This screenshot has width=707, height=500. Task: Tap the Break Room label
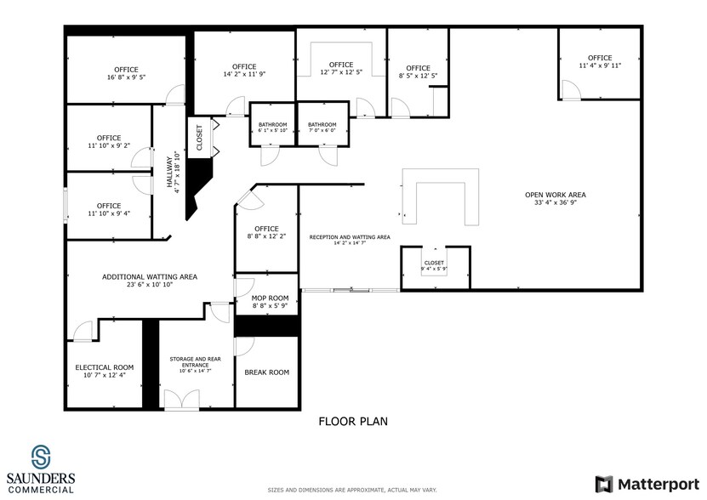tap(266, 372)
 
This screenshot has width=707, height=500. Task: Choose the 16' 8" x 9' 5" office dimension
tap(126, 78)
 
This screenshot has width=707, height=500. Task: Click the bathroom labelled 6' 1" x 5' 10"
tap(272, 127)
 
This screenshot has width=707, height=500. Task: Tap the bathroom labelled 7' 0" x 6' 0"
tap(322, 127)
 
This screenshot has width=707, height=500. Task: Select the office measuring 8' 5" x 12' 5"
tap(418, 72)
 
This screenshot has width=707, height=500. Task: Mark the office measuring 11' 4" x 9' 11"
tap(600, 61)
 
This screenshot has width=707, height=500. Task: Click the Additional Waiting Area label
tap(150, 277)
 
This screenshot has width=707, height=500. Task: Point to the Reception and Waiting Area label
tap(350, 237)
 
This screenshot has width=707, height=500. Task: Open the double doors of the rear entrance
tap(181, 400)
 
